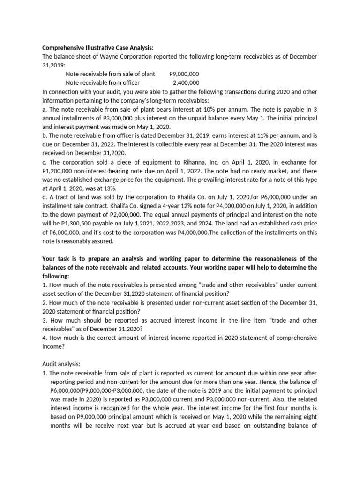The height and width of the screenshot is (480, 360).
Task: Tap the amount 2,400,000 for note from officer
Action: (186, 83)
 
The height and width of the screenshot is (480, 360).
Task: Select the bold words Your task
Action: (56, 258)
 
